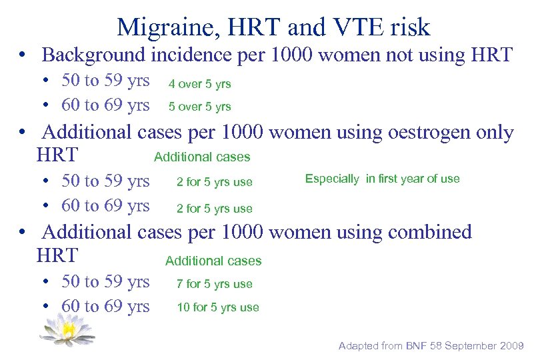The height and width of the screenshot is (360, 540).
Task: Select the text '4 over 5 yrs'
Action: [199, 84]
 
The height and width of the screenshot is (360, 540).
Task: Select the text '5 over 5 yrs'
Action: [199, 107]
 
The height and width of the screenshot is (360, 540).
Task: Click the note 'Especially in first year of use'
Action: [382, 179]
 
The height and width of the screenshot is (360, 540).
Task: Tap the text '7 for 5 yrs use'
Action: [214, 284]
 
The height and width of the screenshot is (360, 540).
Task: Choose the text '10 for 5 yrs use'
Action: [217, 307]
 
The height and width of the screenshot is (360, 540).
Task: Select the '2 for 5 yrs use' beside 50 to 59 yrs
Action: [214, 183]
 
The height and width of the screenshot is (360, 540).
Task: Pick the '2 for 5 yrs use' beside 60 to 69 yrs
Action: [214, 209]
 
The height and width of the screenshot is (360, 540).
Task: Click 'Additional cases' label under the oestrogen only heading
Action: [202, 157]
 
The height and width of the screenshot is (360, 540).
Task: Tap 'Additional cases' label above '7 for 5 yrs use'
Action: [213, 261]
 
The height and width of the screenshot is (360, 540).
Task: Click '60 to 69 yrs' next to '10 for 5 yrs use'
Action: [105, 306]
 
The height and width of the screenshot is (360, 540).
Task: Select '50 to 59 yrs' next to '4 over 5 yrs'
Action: [105, 81]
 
